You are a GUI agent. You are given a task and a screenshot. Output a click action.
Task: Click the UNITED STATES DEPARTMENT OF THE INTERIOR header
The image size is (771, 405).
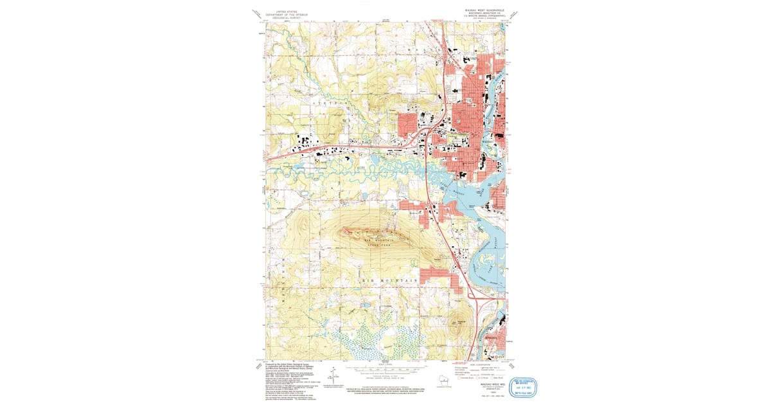(287, 14)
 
